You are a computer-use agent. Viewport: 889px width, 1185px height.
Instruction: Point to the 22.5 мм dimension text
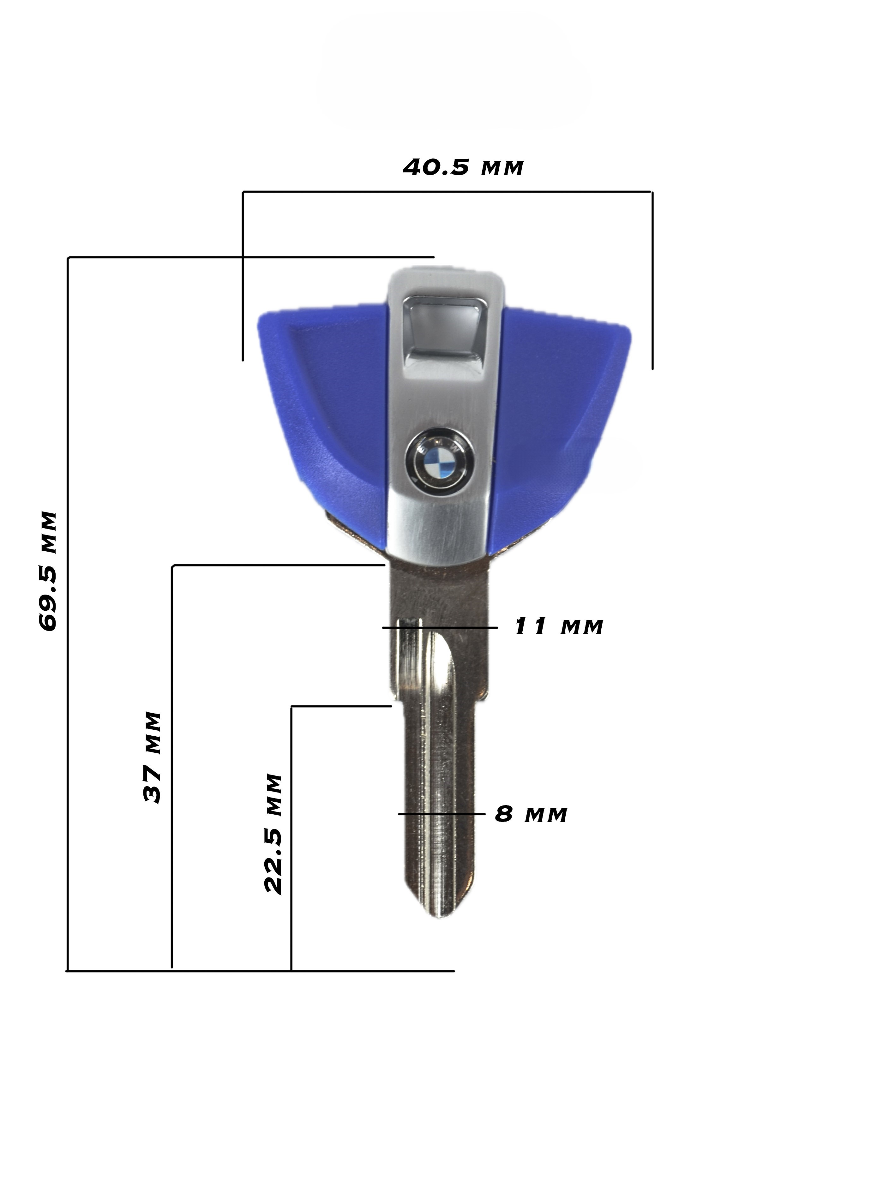pyautogui.click(x=273, y=833)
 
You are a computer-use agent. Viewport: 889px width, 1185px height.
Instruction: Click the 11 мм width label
pyautogui.click(x=558, y=626)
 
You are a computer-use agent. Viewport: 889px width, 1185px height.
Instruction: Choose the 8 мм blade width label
pyautogui.click(x=531, y=814)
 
